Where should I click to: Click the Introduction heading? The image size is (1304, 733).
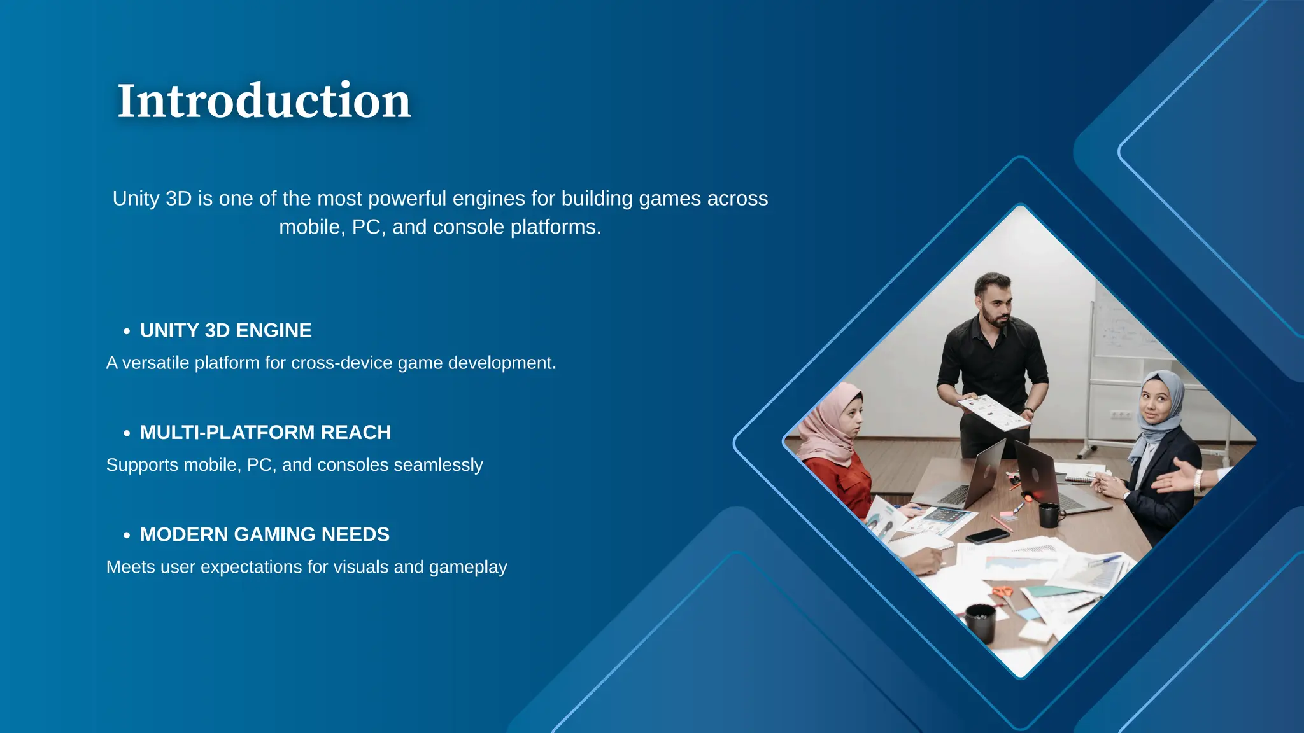pos(264,101)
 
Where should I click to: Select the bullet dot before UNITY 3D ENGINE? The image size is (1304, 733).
pos(127,332)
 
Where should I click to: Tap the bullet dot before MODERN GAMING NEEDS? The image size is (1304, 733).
pos(127,536)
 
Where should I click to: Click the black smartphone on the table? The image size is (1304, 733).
pos(987,536)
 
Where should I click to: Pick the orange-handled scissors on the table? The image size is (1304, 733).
pos(1003,592)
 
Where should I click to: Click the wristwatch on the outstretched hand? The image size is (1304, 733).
pos(1198,481)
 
